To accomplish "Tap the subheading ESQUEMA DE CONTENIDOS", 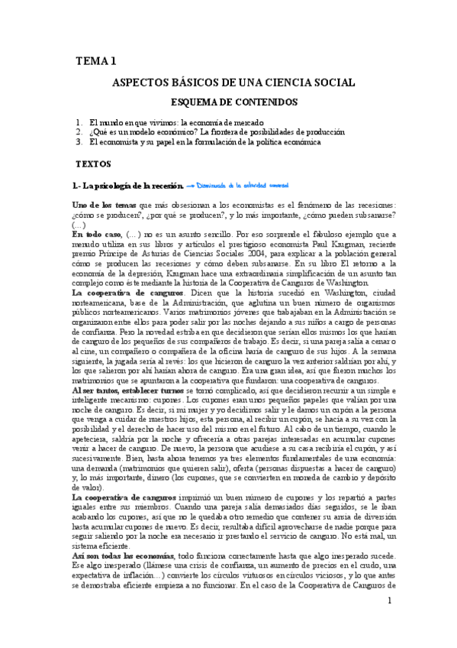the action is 233,102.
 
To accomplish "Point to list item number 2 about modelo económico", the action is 211,131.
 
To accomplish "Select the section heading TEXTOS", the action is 94,164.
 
